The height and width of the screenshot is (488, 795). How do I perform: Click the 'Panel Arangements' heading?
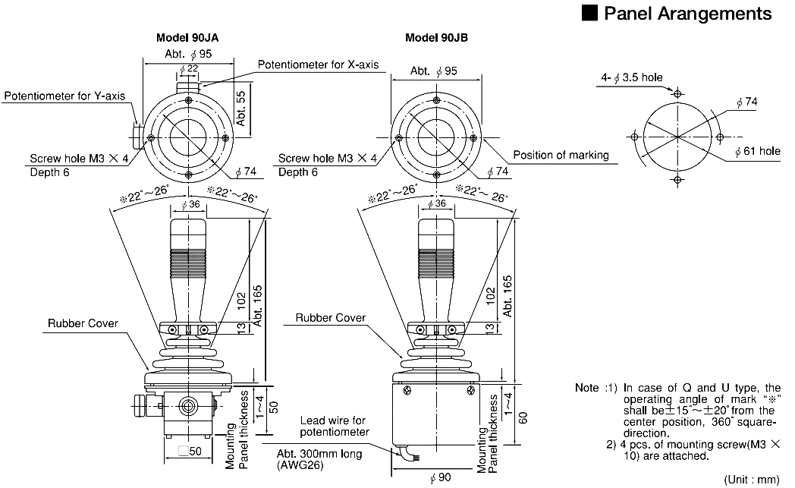coord(687,14)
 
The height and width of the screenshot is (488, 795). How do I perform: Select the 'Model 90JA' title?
coord(188,38)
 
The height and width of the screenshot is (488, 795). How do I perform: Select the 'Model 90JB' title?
coord(436,38)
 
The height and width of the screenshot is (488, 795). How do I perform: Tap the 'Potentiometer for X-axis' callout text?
coord(317,65)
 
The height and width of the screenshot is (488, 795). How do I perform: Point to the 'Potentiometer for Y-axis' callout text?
coord(64,96)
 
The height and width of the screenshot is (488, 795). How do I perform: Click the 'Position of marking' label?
coord(561,155)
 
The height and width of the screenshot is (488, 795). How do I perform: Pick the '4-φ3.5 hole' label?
coord(632,77)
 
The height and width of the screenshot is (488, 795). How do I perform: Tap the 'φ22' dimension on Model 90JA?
coord(189,70)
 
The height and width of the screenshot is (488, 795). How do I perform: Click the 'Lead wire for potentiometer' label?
coord(335,426)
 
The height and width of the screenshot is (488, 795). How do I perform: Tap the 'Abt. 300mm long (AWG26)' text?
coord(319,459)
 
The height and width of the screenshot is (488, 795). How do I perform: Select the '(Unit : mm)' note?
coord(752,479)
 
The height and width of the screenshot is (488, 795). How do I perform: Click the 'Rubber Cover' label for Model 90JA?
coord(83,323)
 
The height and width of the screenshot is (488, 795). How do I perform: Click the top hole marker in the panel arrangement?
coord(677,93)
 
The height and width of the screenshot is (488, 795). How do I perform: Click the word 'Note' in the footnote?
coord(586,388)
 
